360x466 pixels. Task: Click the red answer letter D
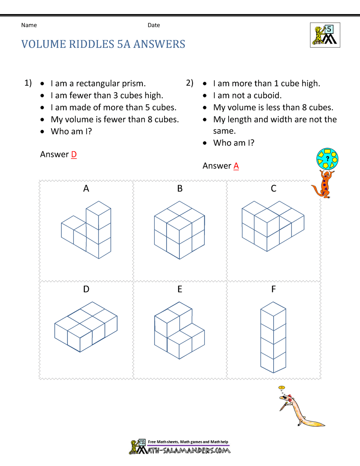click(x=74, y=154)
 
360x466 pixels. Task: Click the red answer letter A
click(x=236, y=166)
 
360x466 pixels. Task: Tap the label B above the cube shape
click(x=180, y=189)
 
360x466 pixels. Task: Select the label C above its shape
click(x=274, y=189)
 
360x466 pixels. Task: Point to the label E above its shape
click(x=180, y=289)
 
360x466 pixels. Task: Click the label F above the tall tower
click(x=274, y=289)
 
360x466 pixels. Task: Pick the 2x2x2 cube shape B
click(x=179, y=230)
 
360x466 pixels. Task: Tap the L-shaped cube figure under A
click(x=87, y=230)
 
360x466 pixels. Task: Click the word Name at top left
click(x=29, y=25)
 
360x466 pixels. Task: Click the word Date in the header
click(x=154, y=25)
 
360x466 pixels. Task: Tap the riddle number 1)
click(x=28, y=83)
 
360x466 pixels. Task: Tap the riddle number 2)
click(x=190, y=83)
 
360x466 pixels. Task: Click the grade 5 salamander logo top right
click(x=325, y=35)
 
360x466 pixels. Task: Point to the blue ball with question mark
click(x=327, y=159)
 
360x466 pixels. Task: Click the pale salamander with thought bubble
click(x=299, y=409)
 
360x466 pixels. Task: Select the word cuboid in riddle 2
click(x=267, y=95)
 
